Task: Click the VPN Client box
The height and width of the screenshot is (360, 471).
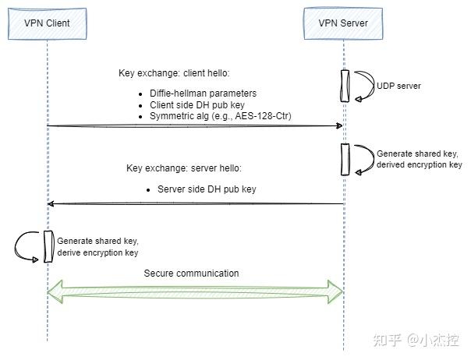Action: (x=47, y=23)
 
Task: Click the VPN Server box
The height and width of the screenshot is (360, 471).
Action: (x=343, y=23)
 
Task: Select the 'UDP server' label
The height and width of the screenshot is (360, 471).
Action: (x=398, y=86)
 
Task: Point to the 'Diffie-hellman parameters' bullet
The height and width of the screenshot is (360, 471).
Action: (x=204, y=94)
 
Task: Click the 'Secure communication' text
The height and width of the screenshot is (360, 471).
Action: (x=191, y=274)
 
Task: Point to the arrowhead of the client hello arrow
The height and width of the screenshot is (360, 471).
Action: (x=339, y=125)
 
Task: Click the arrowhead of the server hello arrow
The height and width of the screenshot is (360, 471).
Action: (x=51, y=203)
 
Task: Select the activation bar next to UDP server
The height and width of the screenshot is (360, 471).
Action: (x=343, y=86)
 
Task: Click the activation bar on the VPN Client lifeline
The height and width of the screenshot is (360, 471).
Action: (x=48, y=246)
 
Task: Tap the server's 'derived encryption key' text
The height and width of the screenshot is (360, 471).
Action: (x=419, y=165)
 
